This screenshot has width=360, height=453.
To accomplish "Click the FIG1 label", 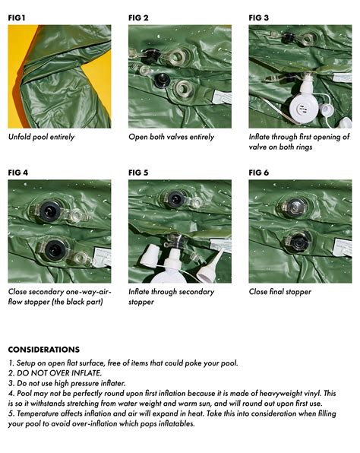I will click(x=17, y=17).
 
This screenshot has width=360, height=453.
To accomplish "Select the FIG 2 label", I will click(x=138, y=17).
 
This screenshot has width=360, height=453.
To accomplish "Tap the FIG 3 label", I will click(x=259, y=17).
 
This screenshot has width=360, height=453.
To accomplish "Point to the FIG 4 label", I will click(x=18, y=172).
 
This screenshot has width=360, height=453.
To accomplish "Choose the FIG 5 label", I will click(x=138, y=172).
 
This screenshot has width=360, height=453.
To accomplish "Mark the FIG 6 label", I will click(x=259, y=172).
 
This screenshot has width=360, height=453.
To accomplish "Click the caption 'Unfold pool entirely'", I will click(x=41, y=138).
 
